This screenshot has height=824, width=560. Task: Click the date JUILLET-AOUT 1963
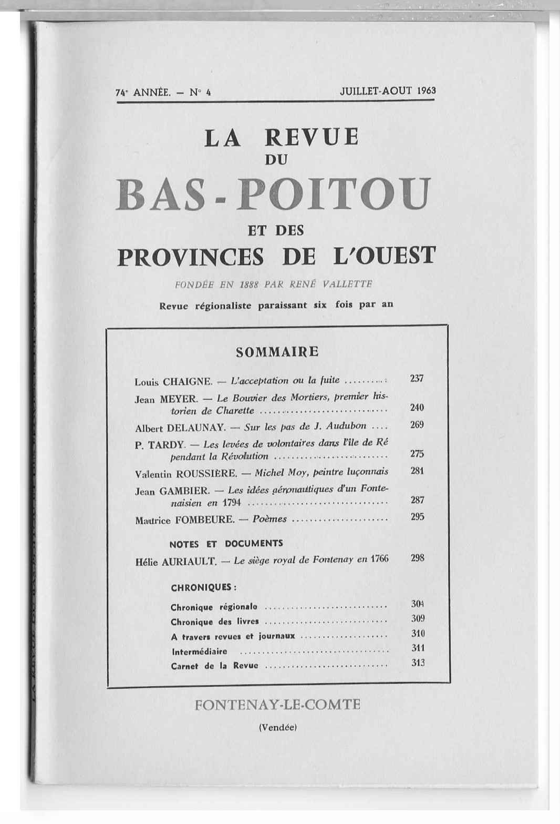pos(388,90)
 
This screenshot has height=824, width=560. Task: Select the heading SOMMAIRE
pos(277,352)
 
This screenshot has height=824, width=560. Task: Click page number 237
pos(417,378)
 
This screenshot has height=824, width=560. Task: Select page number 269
pos(417,425)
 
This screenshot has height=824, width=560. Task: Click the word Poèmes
pos(269,519)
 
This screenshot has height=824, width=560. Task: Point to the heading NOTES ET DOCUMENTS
pos(226,544)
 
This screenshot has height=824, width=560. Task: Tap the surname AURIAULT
pos(189,561)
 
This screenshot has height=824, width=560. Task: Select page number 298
pos(418,558)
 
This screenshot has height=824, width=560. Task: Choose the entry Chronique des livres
pos(214,622)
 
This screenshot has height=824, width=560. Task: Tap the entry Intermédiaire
pos(199,652)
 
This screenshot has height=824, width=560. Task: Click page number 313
pos(418,663)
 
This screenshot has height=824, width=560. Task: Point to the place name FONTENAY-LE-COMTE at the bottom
pos(277,705)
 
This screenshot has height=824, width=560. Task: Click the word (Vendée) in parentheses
pos(278,728)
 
